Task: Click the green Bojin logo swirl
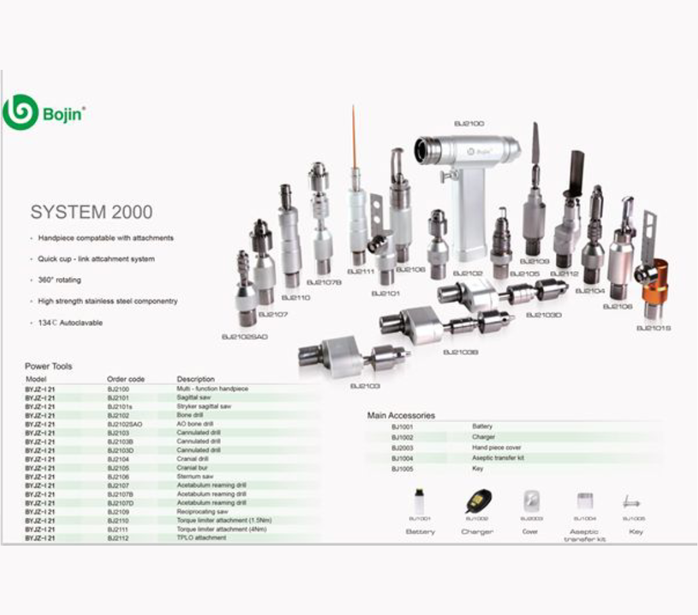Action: tap(20, 113)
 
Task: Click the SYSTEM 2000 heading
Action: tap(92, 213)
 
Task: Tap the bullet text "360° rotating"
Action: tap(60, 281)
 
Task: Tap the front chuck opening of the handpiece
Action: tap(422, 151)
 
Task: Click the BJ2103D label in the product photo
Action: tap(544, 315)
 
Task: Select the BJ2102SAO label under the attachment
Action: tap(244, 337)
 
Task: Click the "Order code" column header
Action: tap(126, 379)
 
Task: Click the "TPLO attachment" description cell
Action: tap(201, 538)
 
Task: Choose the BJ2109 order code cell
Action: tap(118, 512)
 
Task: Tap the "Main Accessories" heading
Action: tap(401, 415)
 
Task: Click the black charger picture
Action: tap(478, 500)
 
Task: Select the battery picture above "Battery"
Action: tap(419, 501)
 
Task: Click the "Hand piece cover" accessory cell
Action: tap(496, 448)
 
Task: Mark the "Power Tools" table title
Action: tap(49, 366)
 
